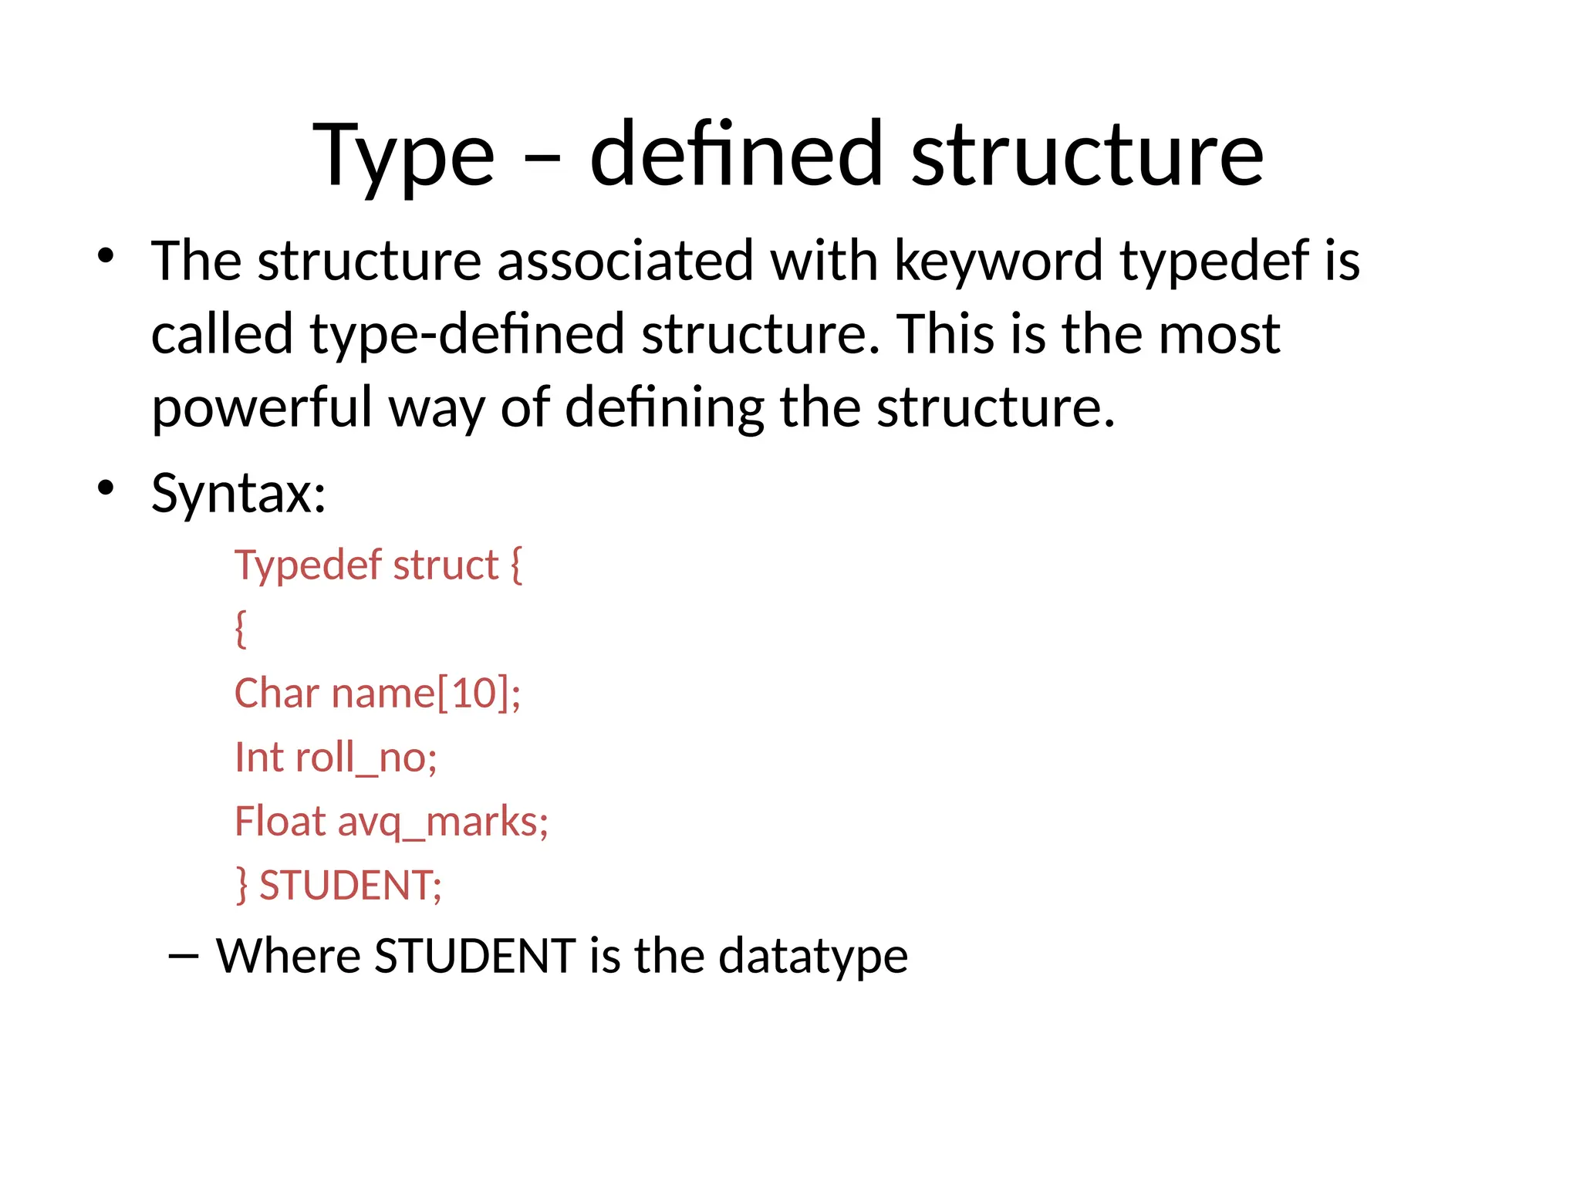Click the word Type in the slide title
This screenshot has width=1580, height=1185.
403,157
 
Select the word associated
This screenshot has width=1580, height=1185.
625,261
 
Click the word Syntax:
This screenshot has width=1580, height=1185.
238,493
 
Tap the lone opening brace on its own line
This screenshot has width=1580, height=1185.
241,628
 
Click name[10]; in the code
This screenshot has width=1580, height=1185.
426,693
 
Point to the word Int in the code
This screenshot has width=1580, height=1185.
259,757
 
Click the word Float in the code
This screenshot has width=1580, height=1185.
280,821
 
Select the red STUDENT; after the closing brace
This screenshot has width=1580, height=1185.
350,885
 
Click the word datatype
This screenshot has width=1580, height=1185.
813,957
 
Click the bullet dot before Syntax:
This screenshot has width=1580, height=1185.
106,488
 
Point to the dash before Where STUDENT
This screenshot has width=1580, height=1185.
183,957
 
